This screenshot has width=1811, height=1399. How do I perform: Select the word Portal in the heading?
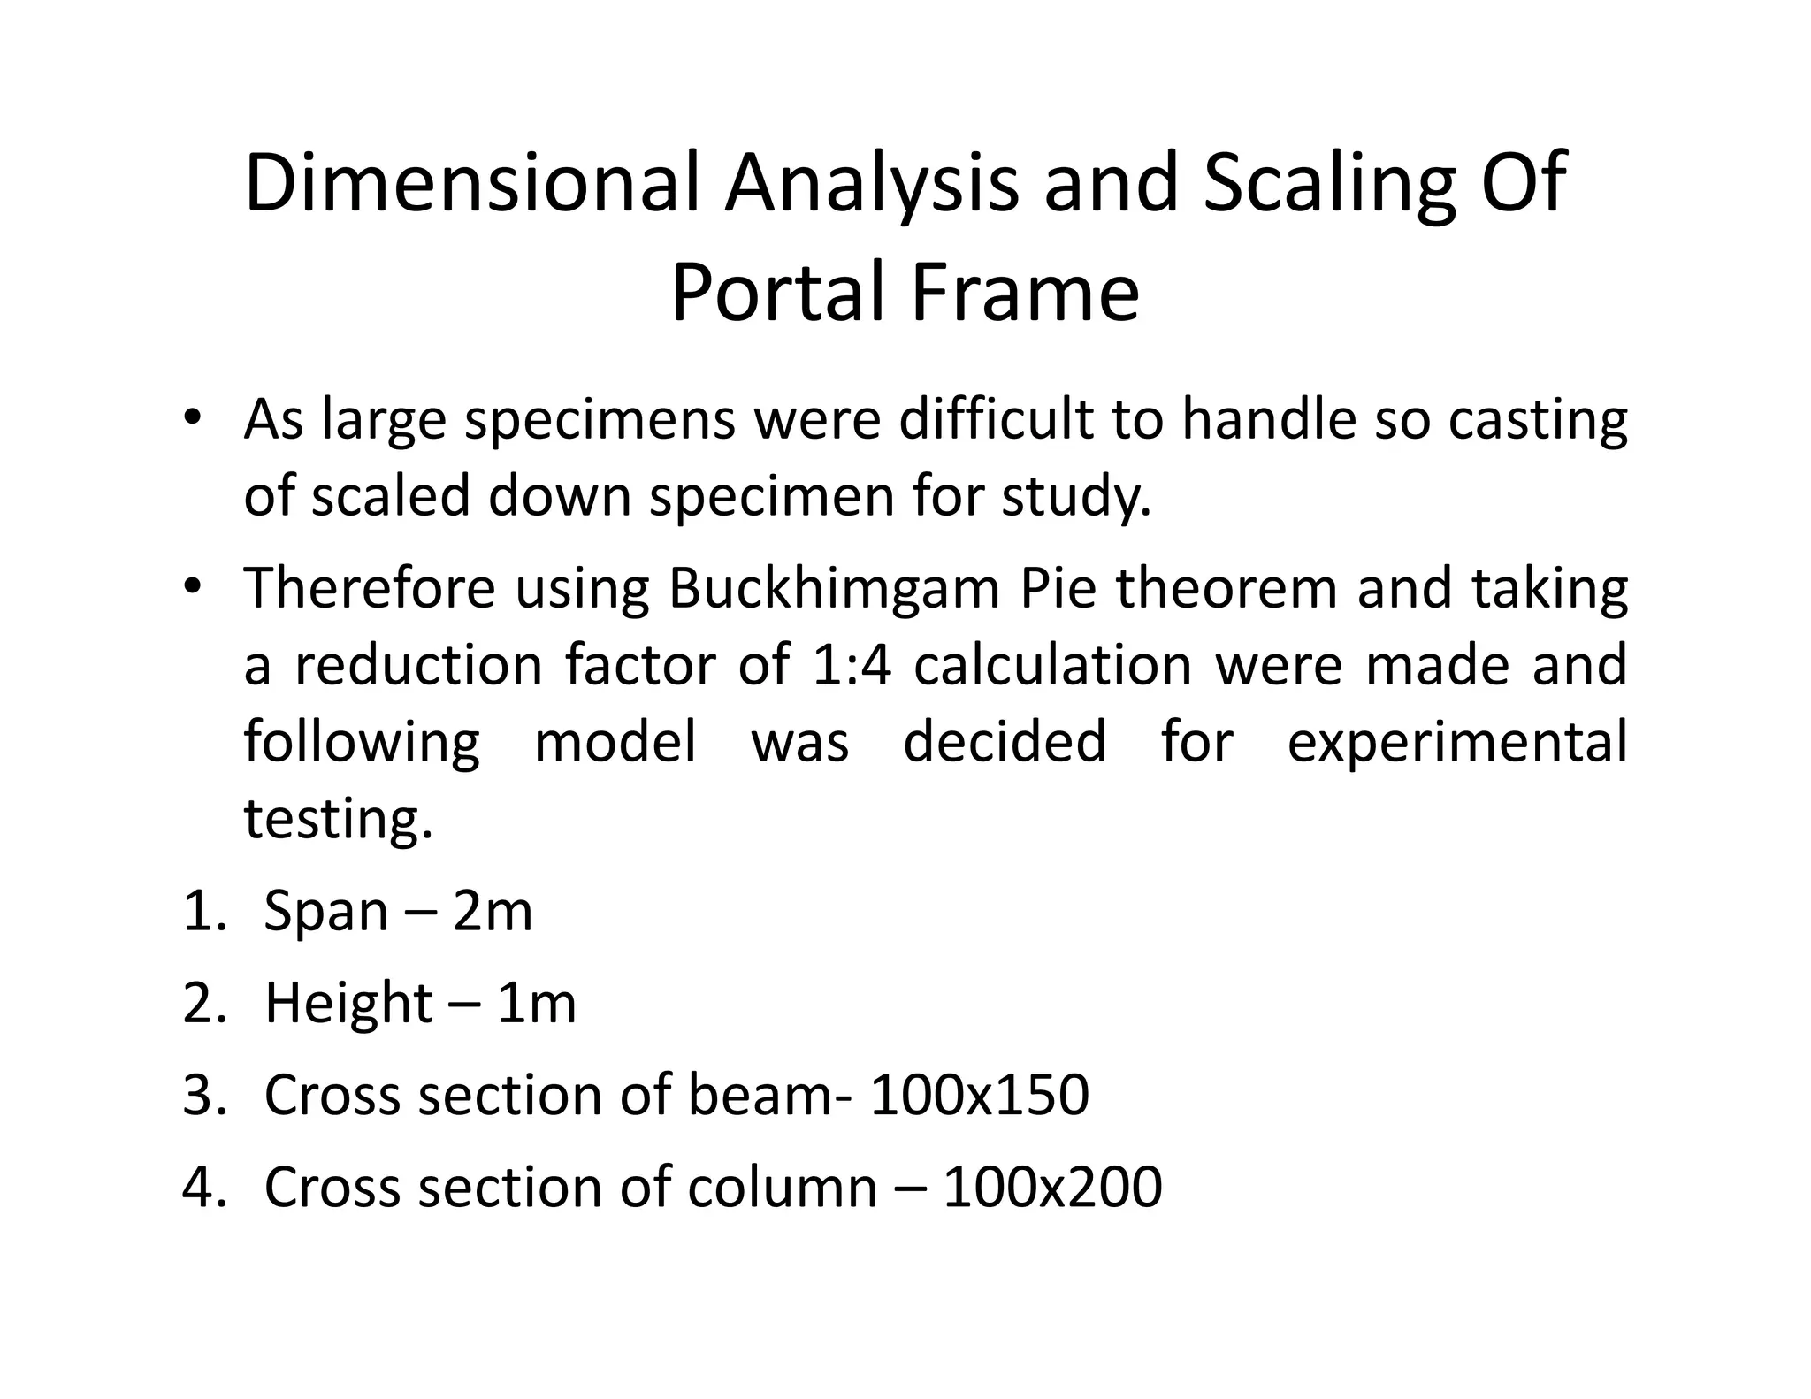(778, 293)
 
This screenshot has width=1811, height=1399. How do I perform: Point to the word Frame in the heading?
(1025, 293)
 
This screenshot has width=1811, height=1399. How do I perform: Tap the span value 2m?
(493, 911)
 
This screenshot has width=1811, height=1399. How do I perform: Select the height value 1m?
(537, 1003)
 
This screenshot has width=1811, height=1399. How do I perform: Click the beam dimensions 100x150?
(979, 1095)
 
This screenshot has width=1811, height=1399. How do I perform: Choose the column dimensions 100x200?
(1052, 1187)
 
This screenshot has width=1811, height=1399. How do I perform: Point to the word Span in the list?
(326, 913)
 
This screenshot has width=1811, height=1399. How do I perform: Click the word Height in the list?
(348, 1005)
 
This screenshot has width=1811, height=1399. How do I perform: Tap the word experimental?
(1456, 743)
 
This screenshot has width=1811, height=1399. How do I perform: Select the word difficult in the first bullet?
(995, 419)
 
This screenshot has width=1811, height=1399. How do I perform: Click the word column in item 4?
(782, 1187)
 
